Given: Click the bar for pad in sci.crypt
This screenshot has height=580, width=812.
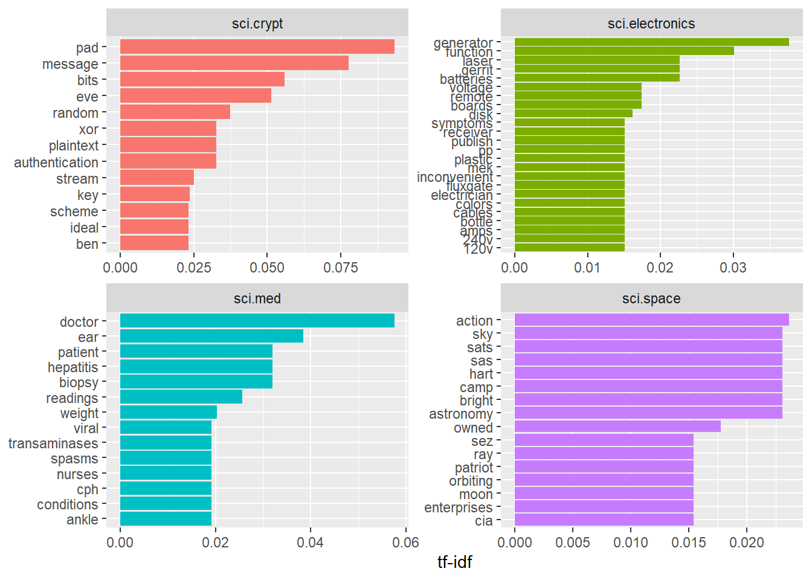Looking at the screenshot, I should (x=257, y=47).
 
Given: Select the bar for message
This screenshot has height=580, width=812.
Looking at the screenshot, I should (x=234, y=63).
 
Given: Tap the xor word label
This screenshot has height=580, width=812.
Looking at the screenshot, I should (x=88, y=129).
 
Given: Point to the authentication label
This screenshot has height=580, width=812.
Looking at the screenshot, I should (x=56, y=163).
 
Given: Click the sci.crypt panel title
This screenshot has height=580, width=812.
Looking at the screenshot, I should (x=257, y=24).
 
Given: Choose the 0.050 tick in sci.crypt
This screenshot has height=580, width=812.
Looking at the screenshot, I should (x=267, y=268).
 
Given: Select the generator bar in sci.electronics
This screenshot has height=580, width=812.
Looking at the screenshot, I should (x=651, y=42).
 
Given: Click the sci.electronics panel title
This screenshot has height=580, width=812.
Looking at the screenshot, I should (x=651, y=24).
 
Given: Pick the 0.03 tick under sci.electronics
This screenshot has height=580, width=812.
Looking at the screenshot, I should (x=733, y=268).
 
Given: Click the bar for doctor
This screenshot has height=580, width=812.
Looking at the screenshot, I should (x=257, y=321).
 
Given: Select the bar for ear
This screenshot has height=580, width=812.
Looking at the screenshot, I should (x=211, y=336).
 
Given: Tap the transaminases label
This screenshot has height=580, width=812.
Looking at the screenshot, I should (x=53, y=443).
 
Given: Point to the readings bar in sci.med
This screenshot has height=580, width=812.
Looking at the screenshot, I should (x=181, y=397).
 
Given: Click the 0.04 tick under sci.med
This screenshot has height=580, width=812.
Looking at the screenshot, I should (x=311, y=543).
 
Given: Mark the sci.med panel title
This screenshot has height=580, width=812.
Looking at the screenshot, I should (x=257, y=298).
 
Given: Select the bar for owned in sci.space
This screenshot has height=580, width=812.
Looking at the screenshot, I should (x=617, y=427).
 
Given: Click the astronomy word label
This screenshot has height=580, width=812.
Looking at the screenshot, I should (x=461, y=414).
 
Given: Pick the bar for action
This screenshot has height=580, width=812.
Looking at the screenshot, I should (x=651, y=320).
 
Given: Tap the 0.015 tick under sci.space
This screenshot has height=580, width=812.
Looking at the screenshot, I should (x=689, y=543).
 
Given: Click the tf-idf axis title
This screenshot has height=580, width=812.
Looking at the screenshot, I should (x=454, y=562).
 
